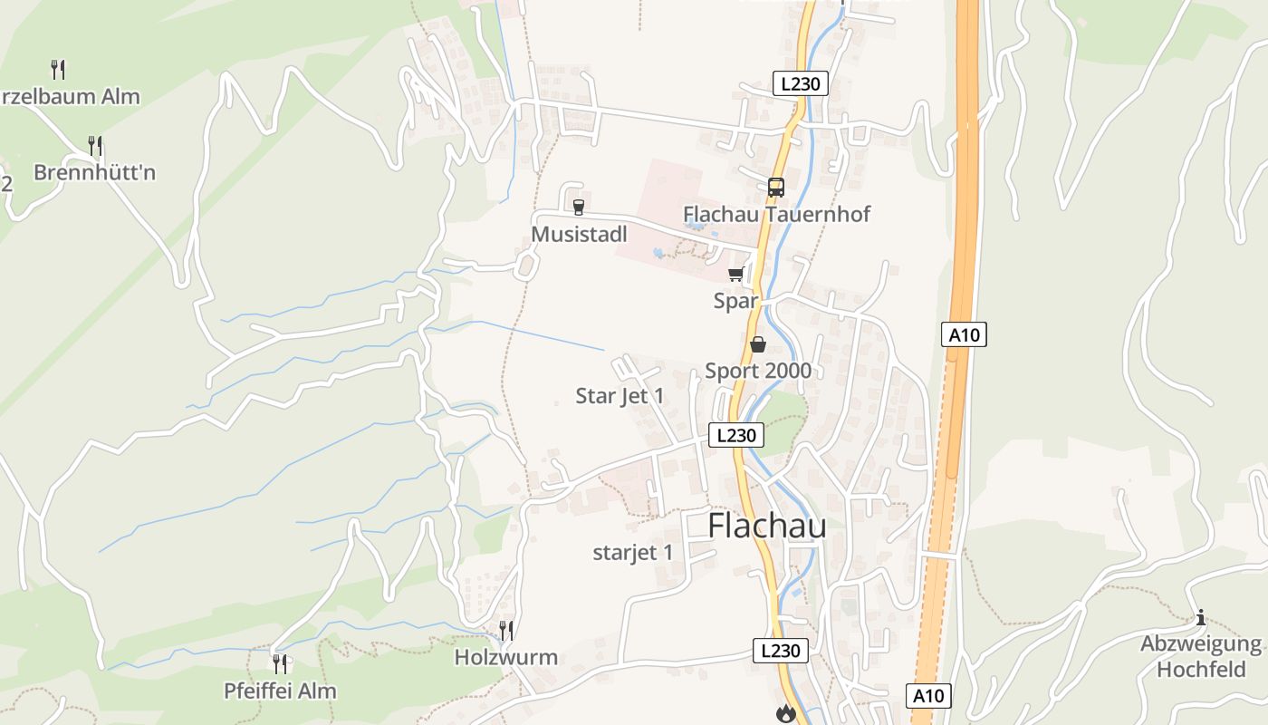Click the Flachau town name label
pyautogui.click(x=766, y=526)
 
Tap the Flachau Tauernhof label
pyautogui.click(x=776, y=214)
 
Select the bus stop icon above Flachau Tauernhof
pyautogui.click(x=776, y=188)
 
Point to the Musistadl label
pyautogui.click(x=579, y=234)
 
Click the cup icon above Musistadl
pyautogui.click(x=579, y=208)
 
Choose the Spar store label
pyautogui.click(x=735, y=301)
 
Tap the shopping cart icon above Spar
pyautogui.click(x=735, y=275)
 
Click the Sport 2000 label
pyautogui.click(x=758, y=370)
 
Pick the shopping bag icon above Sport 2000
pyautogui.click(x=758, y=344)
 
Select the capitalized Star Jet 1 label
pyautogui.click(x=620, y=396)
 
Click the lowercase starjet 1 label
pyautogui.click(x=632, y=552)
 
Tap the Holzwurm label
pyautogui.click(x=506, y=657)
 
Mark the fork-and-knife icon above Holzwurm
pyautogui.click(x=506, y=630)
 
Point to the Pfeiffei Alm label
pyautogui.click(x=280, y=691)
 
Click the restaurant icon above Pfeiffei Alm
pyautogui.click(x=280, y=664)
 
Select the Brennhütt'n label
pyautogui.click(x=94, y=172)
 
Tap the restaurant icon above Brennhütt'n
pyautogui.click(x=94, y=145)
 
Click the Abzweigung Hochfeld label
pyautogui.click(x=1201, y=657)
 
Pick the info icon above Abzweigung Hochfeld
pyautogui.click(x=1201, y=618)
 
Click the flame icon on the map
pyautogui.click(x=785, y=714)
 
